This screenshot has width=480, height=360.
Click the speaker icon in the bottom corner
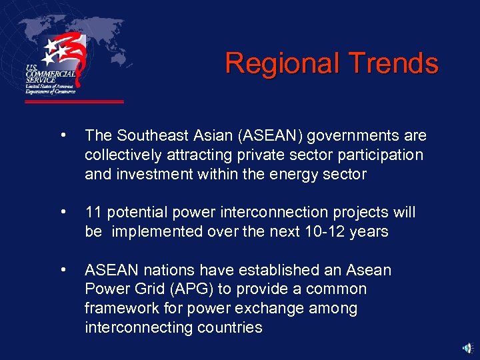469,348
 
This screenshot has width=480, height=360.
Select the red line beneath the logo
74,102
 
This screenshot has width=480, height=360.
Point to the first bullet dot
62,136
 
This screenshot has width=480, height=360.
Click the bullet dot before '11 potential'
62,213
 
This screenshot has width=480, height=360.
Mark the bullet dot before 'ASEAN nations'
62,270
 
